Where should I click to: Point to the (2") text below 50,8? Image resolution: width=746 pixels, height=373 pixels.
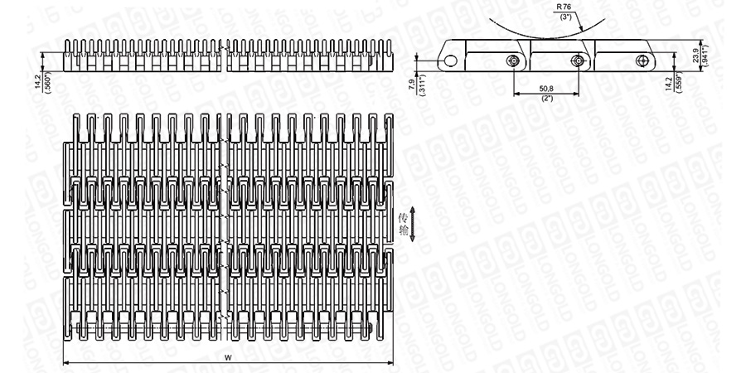coord(546,97)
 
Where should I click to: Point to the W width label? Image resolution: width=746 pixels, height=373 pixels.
coord(228,357)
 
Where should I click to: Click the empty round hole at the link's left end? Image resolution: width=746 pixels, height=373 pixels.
coord(448,61)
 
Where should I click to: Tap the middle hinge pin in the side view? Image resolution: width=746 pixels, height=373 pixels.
coord(578,61)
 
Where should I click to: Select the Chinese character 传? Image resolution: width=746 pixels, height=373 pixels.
coord(404,218)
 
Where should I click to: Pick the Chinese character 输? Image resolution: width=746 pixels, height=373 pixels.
coord(404,232)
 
